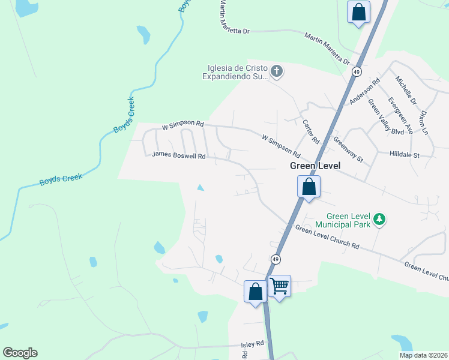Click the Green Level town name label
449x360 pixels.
[315, 166]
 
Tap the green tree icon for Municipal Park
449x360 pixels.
[379, 220]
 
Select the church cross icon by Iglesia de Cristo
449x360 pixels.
[276, 72]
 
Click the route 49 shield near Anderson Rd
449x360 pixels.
[357, 72]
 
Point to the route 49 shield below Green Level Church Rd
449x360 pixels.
[275, 259]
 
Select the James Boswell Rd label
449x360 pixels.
[179, 155]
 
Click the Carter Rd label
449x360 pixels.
[311, 131]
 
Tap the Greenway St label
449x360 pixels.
[349, 150]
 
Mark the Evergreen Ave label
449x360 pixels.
[400, 115]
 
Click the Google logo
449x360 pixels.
[20, 353]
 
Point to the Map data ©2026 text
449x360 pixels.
[424, 355]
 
